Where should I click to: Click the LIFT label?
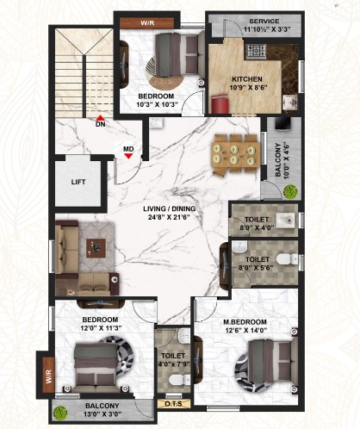coord(78,182)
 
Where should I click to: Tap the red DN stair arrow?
coord(100,117)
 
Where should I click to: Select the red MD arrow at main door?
coord(128,156)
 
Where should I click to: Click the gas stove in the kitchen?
coord(256,52)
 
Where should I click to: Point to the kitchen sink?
coord(290,103)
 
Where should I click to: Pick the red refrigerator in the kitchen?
coord(220,104)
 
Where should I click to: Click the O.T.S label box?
coord(174,404)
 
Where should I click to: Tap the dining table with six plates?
coord(235,153)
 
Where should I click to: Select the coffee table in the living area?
coord(96,247)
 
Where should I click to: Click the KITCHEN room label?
coord(247,79)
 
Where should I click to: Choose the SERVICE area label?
coord(264,21)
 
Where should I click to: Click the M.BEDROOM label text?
coord(245,322)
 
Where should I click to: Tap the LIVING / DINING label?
coord(170,208)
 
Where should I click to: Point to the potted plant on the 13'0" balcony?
coord(60,413)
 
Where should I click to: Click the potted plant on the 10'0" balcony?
coord(290,191)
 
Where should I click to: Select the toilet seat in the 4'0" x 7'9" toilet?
coord(179,379)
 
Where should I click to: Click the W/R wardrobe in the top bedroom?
coord(147,23)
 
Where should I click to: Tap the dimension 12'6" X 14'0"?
coord(245,330)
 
